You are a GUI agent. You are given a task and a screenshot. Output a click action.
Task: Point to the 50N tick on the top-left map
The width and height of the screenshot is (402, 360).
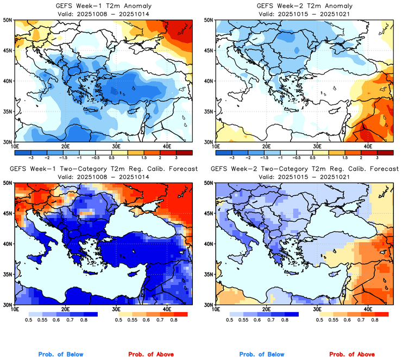[9, 20]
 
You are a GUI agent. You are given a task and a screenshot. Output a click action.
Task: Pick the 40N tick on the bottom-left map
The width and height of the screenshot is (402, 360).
[9, 244]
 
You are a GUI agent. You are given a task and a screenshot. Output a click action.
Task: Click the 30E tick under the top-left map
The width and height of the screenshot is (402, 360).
[116, 146]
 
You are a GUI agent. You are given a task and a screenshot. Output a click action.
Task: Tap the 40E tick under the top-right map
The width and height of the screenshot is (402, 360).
[367, 146]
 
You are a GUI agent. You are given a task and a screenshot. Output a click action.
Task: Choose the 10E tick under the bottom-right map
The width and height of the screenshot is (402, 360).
[216, 309]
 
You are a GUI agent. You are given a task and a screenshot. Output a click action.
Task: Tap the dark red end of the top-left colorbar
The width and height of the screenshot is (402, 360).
[185, 152]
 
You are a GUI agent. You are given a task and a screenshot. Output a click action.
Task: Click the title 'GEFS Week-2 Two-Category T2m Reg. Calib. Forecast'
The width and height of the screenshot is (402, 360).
[304, 169]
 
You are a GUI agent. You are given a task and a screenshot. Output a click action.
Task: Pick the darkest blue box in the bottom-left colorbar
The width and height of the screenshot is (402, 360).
[89, 314]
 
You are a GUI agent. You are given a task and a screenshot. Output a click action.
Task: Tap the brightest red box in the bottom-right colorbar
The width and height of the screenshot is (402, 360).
[381, 314]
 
